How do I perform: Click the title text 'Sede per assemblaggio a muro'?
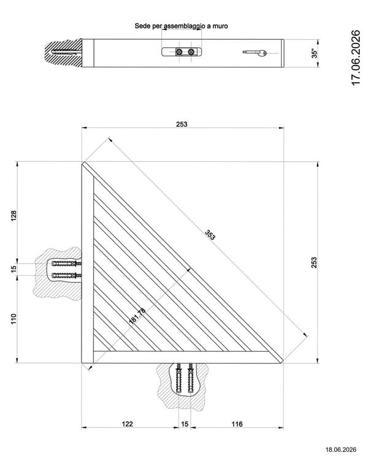[x=181, y=26]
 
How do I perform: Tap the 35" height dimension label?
[x=315, y=53]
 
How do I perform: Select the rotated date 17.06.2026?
[x=356, y=58]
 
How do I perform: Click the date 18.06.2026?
[x=340, y=449]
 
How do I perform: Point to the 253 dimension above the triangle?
[x=182, y=124]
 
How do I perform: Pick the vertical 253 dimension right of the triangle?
[x=314, y=262]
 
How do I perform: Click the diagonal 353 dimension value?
[x=210, y=235]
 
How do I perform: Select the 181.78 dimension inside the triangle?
[x=137, y=316]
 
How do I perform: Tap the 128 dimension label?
[x=14, y=216]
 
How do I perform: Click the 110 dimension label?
[x=14, y=319]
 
